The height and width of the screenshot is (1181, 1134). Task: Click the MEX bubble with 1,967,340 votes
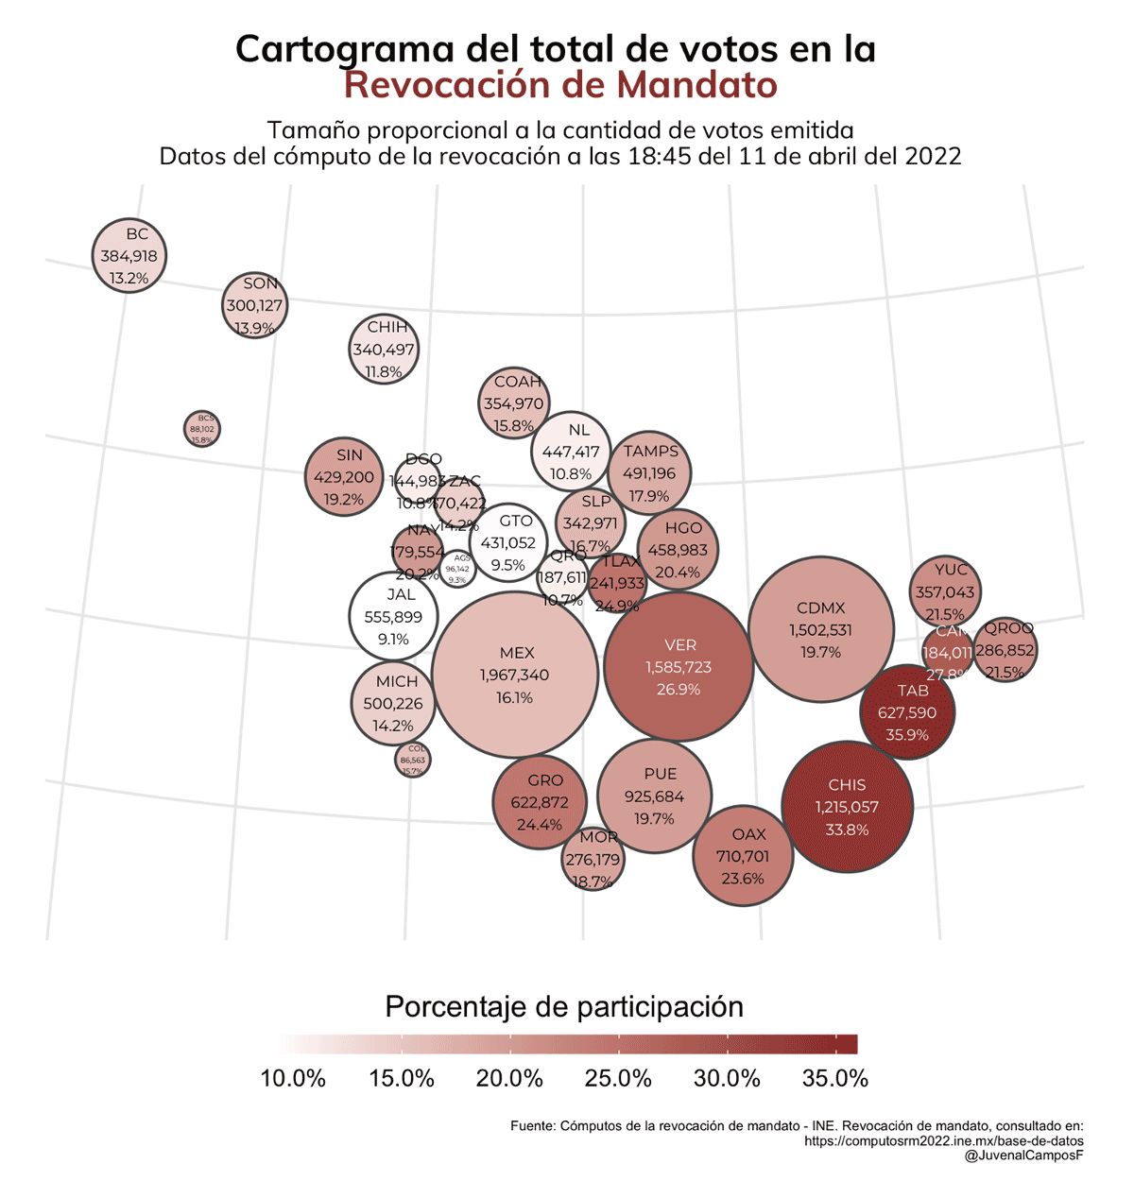click(515, 675)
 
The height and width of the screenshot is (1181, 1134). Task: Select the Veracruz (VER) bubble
click(678, 667)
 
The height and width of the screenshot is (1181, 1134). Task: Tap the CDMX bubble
click(820, 629)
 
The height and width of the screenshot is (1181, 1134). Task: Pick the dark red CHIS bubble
click(847, 806)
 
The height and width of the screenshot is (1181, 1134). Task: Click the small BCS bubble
click(202, 428)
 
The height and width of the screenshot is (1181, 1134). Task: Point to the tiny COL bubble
click(413, 760)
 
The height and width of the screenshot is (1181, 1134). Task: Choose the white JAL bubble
click(393, 616)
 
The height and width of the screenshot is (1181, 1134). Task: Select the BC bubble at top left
click(129, 256)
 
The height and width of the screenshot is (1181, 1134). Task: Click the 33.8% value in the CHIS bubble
click(847, 830)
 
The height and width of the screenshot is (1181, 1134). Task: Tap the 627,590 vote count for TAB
click(906, 712)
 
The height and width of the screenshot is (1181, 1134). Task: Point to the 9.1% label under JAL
click(393, 640)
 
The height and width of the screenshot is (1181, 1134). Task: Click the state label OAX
click(748, 834)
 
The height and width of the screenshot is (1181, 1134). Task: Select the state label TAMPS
click(651, 452)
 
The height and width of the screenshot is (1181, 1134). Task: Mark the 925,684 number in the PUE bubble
click(654, 796)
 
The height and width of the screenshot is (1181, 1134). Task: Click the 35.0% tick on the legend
click(834, 1079)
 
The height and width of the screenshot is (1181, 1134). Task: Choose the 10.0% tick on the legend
click(293, 1079)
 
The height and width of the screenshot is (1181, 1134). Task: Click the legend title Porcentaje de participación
click(564, 1006)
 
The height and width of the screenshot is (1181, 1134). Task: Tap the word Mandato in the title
click(696, 85)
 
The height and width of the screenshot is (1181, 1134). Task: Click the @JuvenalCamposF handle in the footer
click(1023, 1155)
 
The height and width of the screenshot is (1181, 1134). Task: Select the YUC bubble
click(946, 590)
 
